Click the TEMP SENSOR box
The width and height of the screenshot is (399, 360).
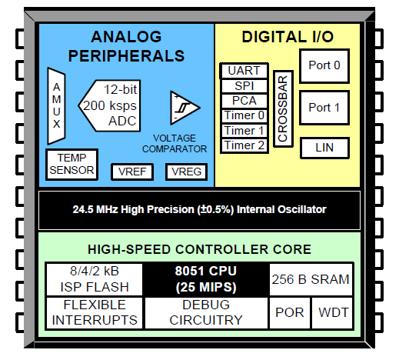click(x=71, y=164)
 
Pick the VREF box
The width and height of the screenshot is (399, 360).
click(x=132, y=171)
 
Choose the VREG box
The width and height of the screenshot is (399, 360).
click(x=186, y=171)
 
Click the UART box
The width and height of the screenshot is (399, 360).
click(x=244, y=71)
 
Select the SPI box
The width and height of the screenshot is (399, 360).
click(x=244, y=85)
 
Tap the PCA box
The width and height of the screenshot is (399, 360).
click(x=244, y=100)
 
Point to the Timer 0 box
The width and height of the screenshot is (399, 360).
click(x=244, y=115)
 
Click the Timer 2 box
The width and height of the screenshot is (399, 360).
click(x=244, y=145)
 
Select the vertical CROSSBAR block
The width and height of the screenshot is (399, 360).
click(x=282, y=108)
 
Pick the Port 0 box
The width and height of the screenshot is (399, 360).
click(x=324, y=65)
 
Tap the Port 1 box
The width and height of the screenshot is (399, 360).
click(x=324, y=108)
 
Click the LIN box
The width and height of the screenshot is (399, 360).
click(x=324, y=147)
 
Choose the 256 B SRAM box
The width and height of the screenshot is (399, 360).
click(x=310, y=279)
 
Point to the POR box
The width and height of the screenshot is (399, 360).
click(x=289, y=313)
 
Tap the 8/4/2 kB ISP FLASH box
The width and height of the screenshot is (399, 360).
click(x=94, y=279)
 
